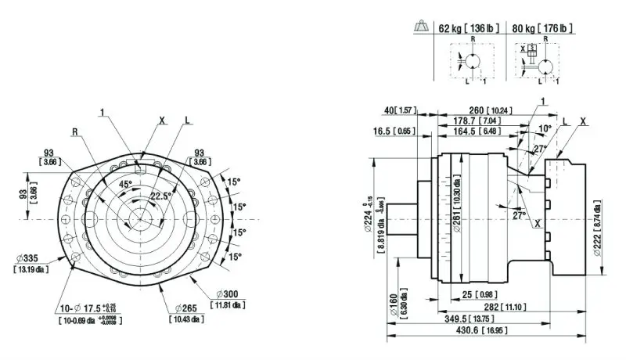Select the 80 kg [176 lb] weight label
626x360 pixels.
click(x=541, y=29)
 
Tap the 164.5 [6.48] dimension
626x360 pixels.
click(x=476, y=132)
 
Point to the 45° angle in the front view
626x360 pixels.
click(x=124, y=184)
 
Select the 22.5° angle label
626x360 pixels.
click(x=162, y=196)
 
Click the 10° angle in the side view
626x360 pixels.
click(x=545, y=127)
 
